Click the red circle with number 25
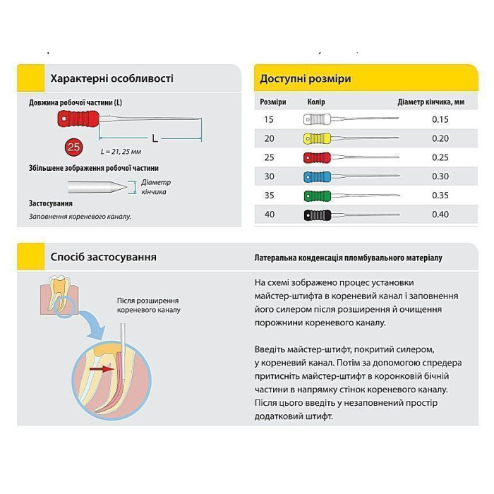[x=73, y=147]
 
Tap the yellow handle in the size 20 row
[x=317, y=138]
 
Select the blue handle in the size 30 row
[x=317, y=176]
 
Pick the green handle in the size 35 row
[x=317, y=195]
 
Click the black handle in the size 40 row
[x=317, y=215]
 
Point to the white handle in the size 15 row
[x=317, y=119]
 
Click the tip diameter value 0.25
[x=440, y=157]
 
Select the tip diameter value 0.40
[x=440, y=215]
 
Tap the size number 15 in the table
[x=269, y=119]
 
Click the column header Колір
[x=316, y=102]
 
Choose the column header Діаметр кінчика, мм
[x=430, y=102]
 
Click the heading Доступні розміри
[x=306, y=78]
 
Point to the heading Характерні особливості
[x=112, y=78]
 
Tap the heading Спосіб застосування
[x=103, y=257]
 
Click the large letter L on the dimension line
[x=155, y=138]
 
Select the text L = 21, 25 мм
[x=121, y=152]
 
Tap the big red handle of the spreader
[x=78, y=119]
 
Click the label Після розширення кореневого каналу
[x=149, y=305]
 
